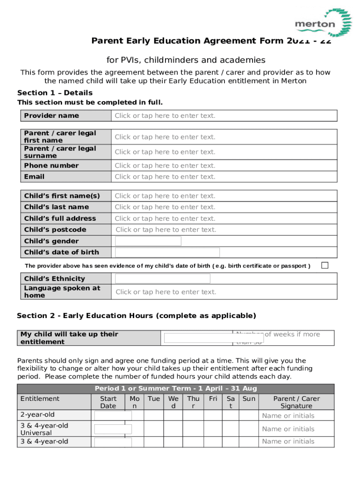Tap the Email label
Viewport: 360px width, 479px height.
pos(35,177)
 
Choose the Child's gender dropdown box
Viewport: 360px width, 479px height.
pos(148,241)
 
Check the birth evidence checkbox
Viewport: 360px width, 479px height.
pos(325,266)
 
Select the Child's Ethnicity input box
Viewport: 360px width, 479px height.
pos(163,279)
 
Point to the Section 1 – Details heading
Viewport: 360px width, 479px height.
pos(55,93)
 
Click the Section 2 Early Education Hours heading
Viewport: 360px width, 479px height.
pos(137,316)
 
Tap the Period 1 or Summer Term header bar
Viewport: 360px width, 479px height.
pos(176,389)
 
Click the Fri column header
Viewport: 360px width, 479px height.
pos(213,399)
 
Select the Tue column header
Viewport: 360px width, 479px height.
pos(154,399)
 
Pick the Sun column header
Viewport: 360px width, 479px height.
pos(249,399)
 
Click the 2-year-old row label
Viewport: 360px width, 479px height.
pos(37,415)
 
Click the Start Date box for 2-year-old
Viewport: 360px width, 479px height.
pos(113,416)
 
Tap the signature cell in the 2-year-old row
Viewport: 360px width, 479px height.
pos(296,416)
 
